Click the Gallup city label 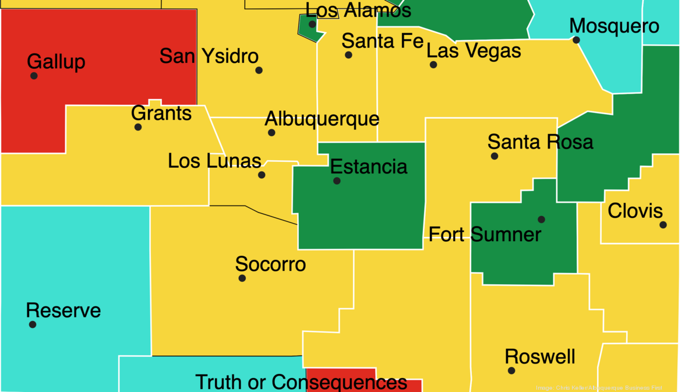tap(56, 61)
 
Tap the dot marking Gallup tap(34, 76)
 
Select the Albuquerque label tap(322, 119)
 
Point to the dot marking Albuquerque tap(271, 133)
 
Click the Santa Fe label tap(383, 41)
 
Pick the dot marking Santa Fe tap(348, 55)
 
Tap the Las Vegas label tap(474, 51)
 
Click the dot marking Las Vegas tap(433, 65)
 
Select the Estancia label tap(369, 167)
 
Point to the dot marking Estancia tap(337, 181)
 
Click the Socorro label tap(270, 264)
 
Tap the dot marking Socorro tap(242, 278)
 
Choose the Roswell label tap(540, 356)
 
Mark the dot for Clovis tap(663, 225)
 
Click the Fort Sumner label tap(485, 234)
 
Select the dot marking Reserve tap(33, 324)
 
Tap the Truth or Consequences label tap(301, 382)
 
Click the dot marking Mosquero tap(576, 40)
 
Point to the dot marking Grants tap(138, 127)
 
